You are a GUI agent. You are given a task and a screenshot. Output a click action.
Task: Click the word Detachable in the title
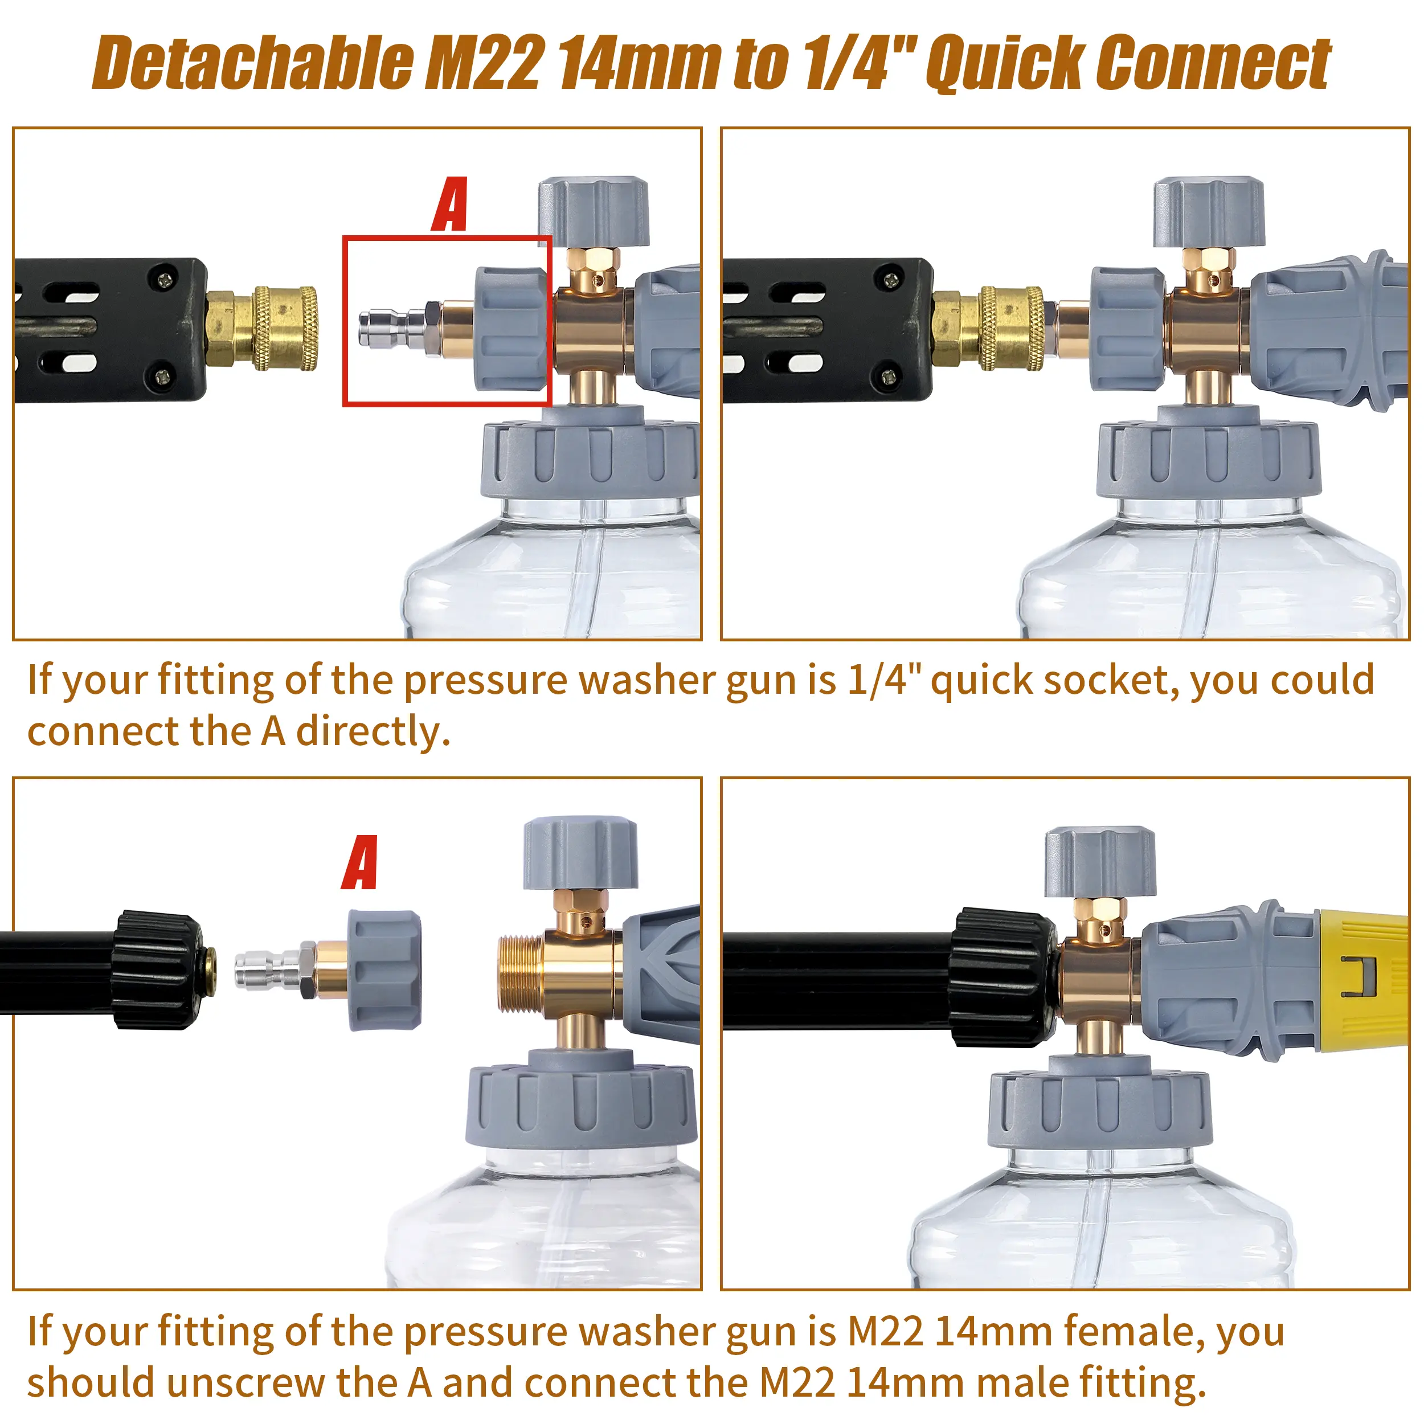coord(254,63)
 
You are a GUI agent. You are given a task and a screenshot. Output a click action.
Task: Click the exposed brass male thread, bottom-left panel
coord(521,977)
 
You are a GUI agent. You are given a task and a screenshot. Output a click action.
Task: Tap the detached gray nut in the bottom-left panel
coord(384,970)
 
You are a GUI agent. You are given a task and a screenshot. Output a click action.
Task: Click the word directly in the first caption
coord(373,732)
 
